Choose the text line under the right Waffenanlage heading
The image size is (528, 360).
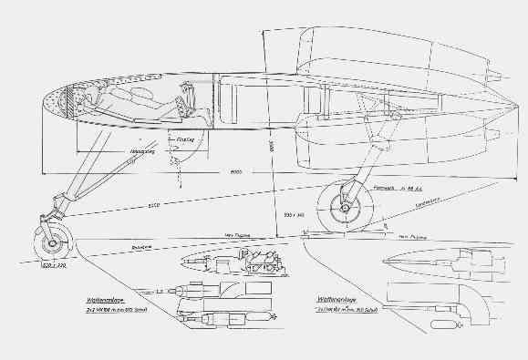(339, 308)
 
